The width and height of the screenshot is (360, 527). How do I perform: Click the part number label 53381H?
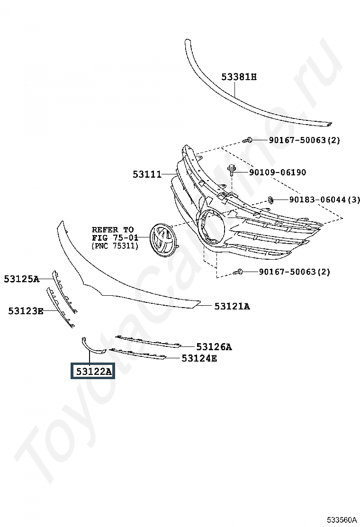pyautogui.click(x=239, y=76)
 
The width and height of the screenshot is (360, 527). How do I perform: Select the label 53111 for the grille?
pyautogui.click(x=147, y=174)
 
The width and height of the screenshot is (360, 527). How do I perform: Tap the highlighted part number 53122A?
pyautogui.click(x=92, y=371)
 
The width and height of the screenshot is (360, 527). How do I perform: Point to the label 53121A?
pyautogui.click(x=232, y=306)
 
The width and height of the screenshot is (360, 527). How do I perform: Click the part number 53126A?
pyautogui.click(x=214, y=347)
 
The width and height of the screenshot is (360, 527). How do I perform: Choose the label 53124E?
pyautogui.click(x=199, y=358)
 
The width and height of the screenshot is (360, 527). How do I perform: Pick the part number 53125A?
pyautogui.click(x=21, y=279)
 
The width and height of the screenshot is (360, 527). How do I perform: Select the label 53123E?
pyautogui.click(x=26, y=311)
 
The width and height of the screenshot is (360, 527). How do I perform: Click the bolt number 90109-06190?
pyautogui.click(x=278, y=173)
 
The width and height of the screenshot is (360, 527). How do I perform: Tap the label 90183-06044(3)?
pyautogui.click(x=324, y=200)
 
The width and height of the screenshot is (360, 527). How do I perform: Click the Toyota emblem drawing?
pyautogui.click(x=162, y=240)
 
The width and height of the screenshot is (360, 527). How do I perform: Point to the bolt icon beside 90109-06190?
pyautogui.click(x=232, y=169)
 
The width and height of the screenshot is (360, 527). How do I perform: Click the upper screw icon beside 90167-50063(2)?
pyautogui.click(x=248, y=140)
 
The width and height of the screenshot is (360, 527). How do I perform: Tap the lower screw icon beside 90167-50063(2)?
pyautogui.click(x=239, y=272)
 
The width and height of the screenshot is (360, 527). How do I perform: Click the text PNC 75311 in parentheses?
pyautogui.click(x=115, y=246)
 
